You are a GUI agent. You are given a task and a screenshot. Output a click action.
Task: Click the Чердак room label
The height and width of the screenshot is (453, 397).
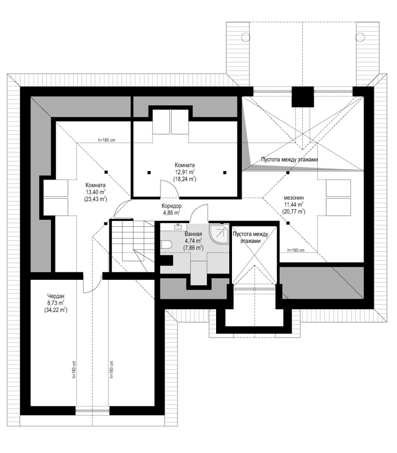pyautogui.click(x=56, y=296)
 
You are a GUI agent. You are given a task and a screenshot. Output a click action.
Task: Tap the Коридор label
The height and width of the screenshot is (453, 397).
pyautogui.click(x=172, y=206)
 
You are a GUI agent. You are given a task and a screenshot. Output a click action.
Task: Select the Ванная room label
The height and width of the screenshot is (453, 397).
pyautogui.click(x=193, y=234)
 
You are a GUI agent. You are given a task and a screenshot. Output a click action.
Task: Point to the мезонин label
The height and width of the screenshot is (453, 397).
pyautogui.click(x=294, y=198)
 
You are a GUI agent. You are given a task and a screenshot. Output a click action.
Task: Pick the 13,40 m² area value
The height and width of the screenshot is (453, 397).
pyautogui.click(x=95, y=192)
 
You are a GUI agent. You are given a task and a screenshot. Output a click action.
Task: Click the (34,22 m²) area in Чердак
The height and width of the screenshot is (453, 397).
pyautogui.click(x=56, y=310)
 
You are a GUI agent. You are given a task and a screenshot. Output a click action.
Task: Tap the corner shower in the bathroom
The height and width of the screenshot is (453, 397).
pyautogui.click(x=219, y=234)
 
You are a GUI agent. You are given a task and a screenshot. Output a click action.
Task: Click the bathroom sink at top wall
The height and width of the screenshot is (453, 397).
pyautogui.click(x=178, y=226)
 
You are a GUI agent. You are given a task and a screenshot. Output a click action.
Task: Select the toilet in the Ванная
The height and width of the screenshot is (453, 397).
pyautogui.click(x=166, y=245)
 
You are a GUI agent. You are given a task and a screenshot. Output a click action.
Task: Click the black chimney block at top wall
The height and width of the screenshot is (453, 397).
pyautogui.click(x=303, y=97)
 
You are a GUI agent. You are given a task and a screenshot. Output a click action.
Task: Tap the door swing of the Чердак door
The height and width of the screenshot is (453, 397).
pyautogui.click(x=92, y=284)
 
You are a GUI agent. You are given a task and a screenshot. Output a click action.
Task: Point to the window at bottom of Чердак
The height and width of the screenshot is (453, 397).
pyautogui.click(x=92, y=411)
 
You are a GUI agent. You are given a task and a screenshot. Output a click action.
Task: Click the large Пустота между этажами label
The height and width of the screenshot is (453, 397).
pyautogui.click(x=289, y=160)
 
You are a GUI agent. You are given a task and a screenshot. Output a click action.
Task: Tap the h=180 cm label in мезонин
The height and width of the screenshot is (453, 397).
pyautogui.click(x=295, y=250)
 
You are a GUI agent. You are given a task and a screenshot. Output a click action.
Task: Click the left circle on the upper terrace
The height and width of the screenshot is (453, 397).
pyautogui.click(x=245, y=37)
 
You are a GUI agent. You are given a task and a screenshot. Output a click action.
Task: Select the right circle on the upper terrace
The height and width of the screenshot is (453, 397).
pyautogui.click(x=360, y=37)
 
